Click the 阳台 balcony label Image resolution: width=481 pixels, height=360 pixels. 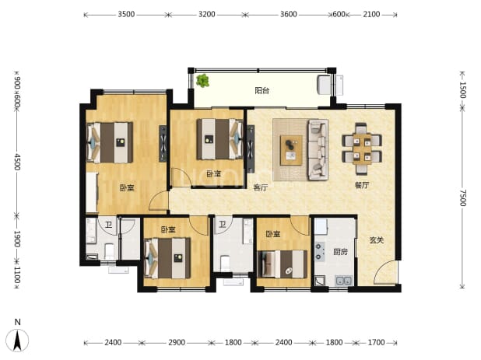pyautogui.click(x=262, y=91)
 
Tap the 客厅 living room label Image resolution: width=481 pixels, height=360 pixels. pyautogui.click(x=261, y=187)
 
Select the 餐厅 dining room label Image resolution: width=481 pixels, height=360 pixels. pyautogui.click(x=362, y=185)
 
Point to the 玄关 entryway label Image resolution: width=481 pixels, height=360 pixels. pyautogui.click(x=377, y=240)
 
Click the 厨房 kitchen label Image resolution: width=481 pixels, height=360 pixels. pyautogui.click(x=340, y=252)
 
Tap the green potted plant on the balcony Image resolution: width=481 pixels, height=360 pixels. pyautogui.click(x=203, y=81)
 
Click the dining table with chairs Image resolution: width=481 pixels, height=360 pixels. pyautogui.click(x=362, y=148)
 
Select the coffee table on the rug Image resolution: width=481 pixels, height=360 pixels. pyautogui.click(x=291, y=150)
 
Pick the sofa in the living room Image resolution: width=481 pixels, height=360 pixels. pyautogui.click(x=318, y=149)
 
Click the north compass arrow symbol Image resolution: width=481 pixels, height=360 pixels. pyautogui.click(x=17, y=340)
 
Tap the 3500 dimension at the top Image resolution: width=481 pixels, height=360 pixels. pyautogui.click(x=126, y=15)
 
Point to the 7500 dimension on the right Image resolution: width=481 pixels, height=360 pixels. pyautogui.click(x=463, y=198)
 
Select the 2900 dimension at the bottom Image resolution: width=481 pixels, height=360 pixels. pyautogui.click(x=177, y=342)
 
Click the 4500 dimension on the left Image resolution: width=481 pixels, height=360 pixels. pyautogui.click(x=17, y=162)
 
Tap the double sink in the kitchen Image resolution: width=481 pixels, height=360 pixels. pyautogui.click(x=343, y=281)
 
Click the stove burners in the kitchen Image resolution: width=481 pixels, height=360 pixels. pyautogui.click(x=320, y=252)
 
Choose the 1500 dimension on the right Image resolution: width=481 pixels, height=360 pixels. pyautogui.click(x=463, y=90)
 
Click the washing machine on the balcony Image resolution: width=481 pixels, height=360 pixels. pyautogui.click(x=324, y=85)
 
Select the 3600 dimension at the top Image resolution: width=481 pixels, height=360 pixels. pyautogui.click(x=289, y=15)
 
